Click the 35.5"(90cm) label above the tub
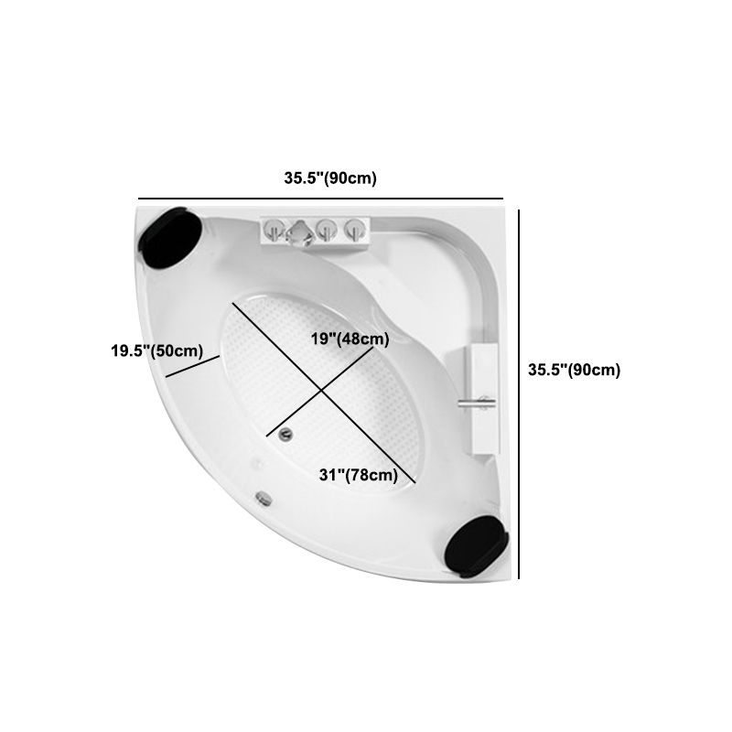pos(330,178)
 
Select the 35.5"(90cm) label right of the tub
pos(575,370)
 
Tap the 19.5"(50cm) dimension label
pos(156,350)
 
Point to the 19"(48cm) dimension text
pos(350,339)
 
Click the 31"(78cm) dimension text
pos(359,475)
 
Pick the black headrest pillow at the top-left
pos(170,237)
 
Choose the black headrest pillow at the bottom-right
pos(477,546)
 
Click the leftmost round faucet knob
pos(274,231)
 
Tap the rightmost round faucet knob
pos(356,231)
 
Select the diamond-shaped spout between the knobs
pos(299,231)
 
